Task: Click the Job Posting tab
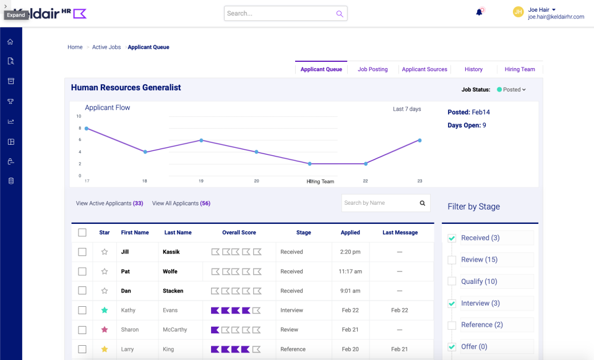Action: pyautogui.click(x=372, y=69)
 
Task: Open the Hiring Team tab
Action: pyautogui.click(x=520, y=69)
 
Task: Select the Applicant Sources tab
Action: pyautogui.click(x=424, y=69)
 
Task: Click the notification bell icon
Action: pyautogui.click(x=479, y=12)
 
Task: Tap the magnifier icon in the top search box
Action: pyautogui.click(x=339, y=14)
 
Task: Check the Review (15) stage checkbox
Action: pyautogui.click(x=452, y=260)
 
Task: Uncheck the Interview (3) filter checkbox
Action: pyautogui.click(x=452, y=303)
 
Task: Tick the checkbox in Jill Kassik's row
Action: pyautogui.click(x=82, y=252)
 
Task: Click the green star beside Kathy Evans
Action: pyautogui.click(x=105, y=310)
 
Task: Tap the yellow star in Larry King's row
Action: pyautogui.click(x=105, y=349)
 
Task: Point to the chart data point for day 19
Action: pyautogui.click(x=200, y=140)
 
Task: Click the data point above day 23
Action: pyautogui.click(x=420, y=140)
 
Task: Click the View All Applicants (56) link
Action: pyautogui.click(x=181, y=203)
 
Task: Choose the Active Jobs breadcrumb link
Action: pyautogui.click(x=106, y=47)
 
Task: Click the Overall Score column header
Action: pyautogui.click(x=239, y=233)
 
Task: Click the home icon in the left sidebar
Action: pyautogui.click(x=10, y=42)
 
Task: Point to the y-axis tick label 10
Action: pyautogui.click(x=79, y=116)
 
